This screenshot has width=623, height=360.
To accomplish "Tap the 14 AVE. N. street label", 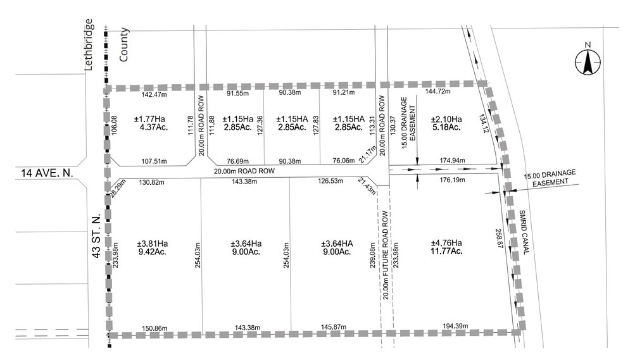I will click(x=42, y=173).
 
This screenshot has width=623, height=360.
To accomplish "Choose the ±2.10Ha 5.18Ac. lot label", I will click(x=446, y=123).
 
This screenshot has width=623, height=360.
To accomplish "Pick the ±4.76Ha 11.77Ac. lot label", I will click(x=446, y=247).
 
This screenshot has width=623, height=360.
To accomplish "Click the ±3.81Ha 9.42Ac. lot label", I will click(x=153, y=247).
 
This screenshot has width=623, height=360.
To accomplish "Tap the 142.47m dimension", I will click(x=154, y=95).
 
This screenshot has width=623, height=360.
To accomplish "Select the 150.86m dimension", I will click(x=154, y=328).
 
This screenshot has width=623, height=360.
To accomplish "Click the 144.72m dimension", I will click(x=437, y=92).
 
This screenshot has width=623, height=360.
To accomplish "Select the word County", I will click(x=123, y=44).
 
